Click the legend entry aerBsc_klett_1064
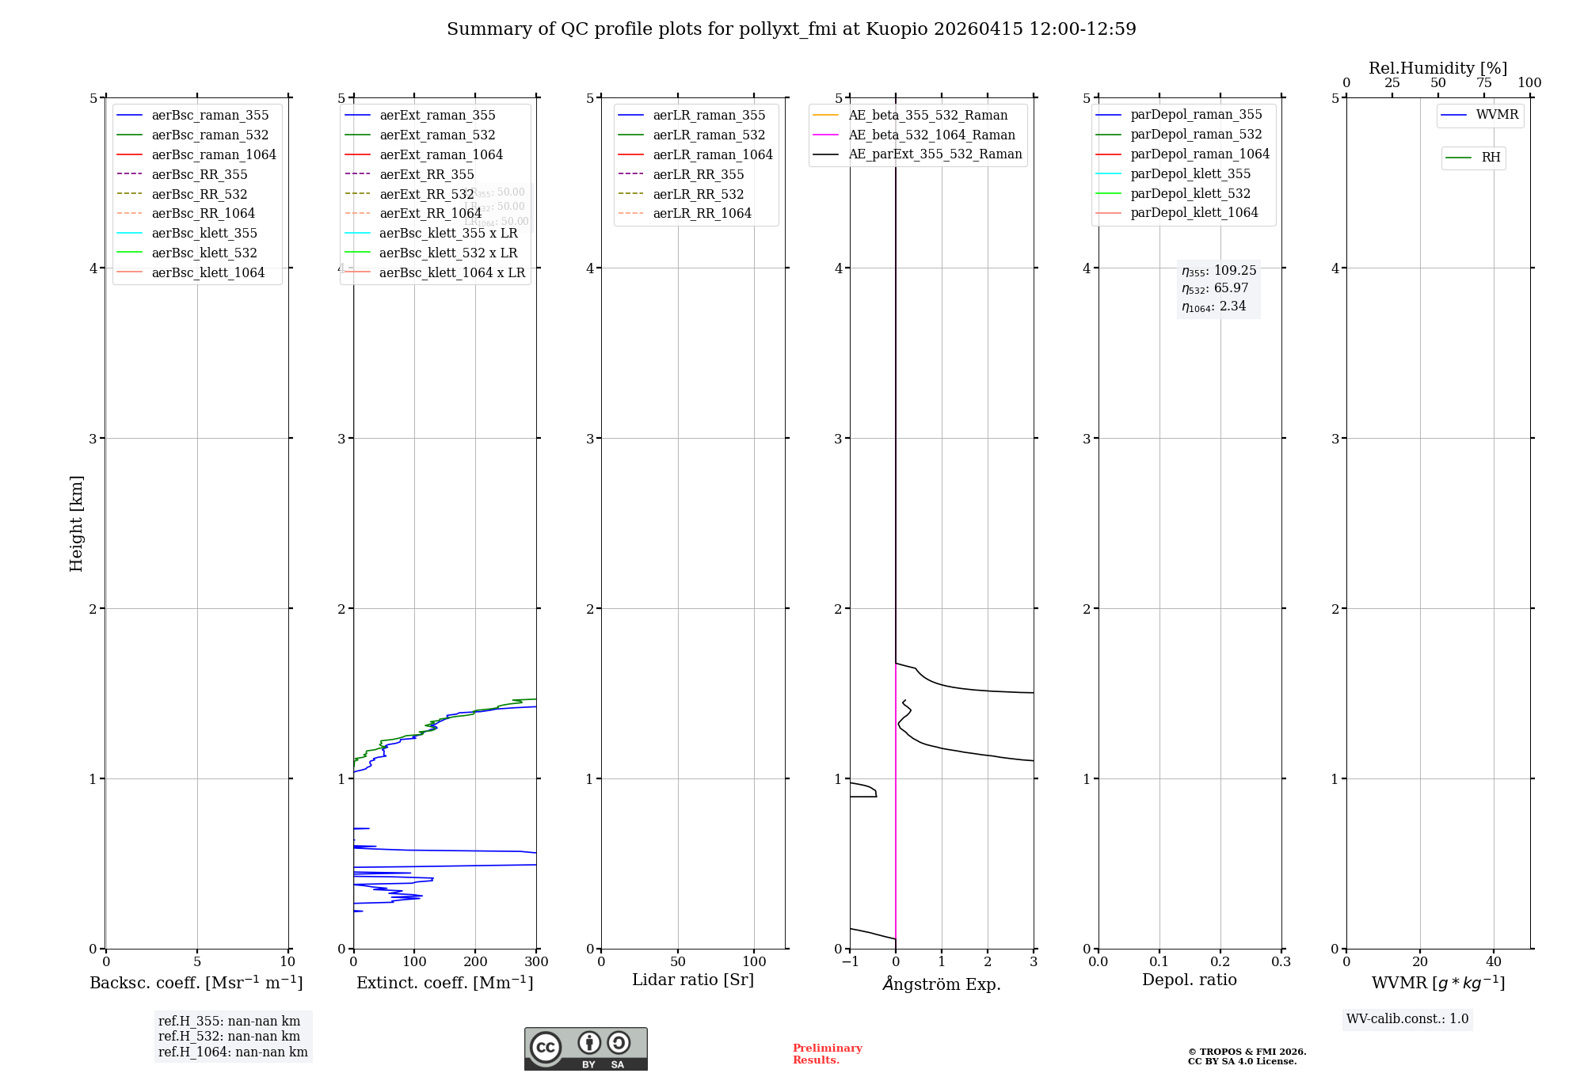click(208, 272)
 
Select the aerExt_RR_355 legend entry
click(426, 174)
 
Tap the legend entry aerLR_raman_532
click(708, 135)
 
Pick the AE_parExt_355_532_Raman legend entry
click(935, 154)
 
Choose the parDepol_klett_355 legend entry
click(1190, 173)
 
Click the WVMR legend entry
click(1496, 115)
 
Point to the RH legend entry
click(1490, 158)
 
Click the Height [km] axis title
click(76, 523)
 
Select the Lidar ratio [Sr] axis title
click(693, 980)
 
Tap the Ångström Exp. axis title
click(942, 984)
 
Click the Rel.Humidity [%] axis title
click(1437, 68)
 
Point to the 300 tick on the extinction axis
click(536, 962)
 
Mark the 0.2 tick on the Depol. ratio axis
click(1220, 962)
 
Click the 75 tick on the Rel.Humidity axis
click(1484, 83)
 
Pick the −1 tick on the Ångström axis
click(850, 962)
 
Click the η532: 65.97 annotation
click(1215, 288)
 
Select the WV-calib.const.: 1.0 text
click(1407, 1019)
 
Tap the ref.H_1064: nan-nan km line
click(233, 1052)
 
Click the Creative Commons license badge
click(585, 1048)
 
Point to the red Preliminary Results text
click(827, 1054)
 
